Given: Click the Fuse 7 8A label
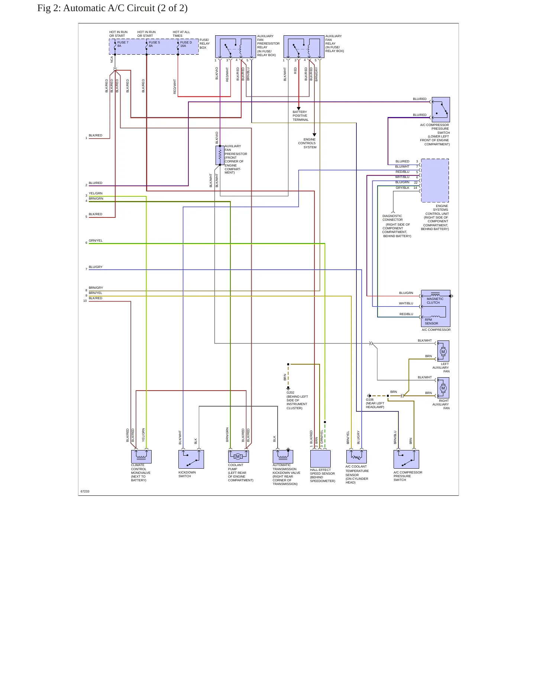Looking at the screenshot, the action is click(x=123, y=44).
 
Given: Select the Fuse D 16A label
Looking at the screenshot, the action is click(x=186, y=44).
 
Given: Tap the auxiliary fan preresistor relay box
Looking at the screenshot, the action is click(x=236, y=46).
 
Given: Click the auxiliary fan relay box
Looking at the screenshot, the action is click(x=304, y=46).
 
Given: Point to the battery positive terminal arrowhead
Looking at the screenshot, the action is click(x=298, y=109).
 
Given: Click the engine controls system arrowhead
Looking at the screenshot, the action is click(x=314, y=135).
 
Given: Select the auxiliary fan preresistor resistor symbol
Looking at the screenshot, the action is click(x=220, y=155).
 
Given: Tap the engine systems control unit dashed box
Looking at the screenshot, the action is click(x=435, y=181).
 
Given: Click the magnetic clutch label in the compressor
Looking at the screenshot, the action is click(x=435, y=301).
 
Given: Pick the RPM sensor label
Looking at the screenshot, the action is click(x=431, y=321).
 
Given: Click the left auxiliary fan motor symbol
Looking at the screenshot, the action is click(x=443, y=352).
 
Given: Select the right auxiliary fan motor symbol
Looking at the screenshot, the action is click(x=443, y=388).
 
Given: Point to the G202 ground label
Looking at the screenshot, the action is click(x=290, y=392).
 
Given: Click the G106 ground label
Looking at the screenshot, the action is click(x=370, y=400).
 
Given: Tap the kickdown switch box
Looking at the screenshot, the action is click(x=191, y=459).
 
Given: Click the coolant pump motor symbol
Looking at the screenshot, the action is click(x=238, y=456).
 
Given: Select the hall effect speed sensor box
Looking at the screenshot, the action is click(x=320, y=459).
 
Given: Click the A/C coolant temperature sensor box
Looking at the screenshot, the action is click(x=356, y=457).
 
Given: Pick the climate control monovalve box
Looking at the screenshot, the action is click(x=141, y=457).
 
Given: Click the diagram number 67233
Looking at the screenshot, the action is click(x=85, y=491).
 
